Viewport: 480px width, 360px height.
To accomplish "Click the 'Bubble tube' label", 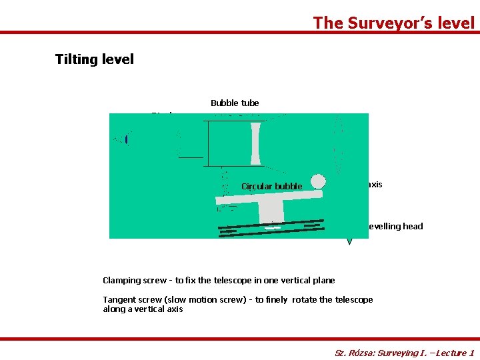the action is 235,103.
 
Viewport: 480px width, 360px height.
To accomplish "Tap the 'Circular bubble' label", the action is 272,187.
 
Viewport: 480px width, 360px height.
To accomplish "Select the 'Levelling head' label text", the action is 395,227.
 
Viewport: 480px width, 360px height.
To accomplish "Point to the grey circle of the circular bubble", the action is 319,181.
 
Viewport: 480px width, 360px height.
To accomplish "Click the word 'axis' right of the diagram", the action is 375,185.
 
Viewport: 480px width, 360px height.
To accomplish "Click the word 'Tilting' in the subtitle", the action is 76,59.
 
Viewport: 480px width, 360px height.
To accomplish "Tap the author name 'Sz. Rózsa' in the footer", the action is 353,353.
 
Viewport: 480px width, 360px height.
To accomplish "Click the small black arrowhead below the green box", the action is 349,241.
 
